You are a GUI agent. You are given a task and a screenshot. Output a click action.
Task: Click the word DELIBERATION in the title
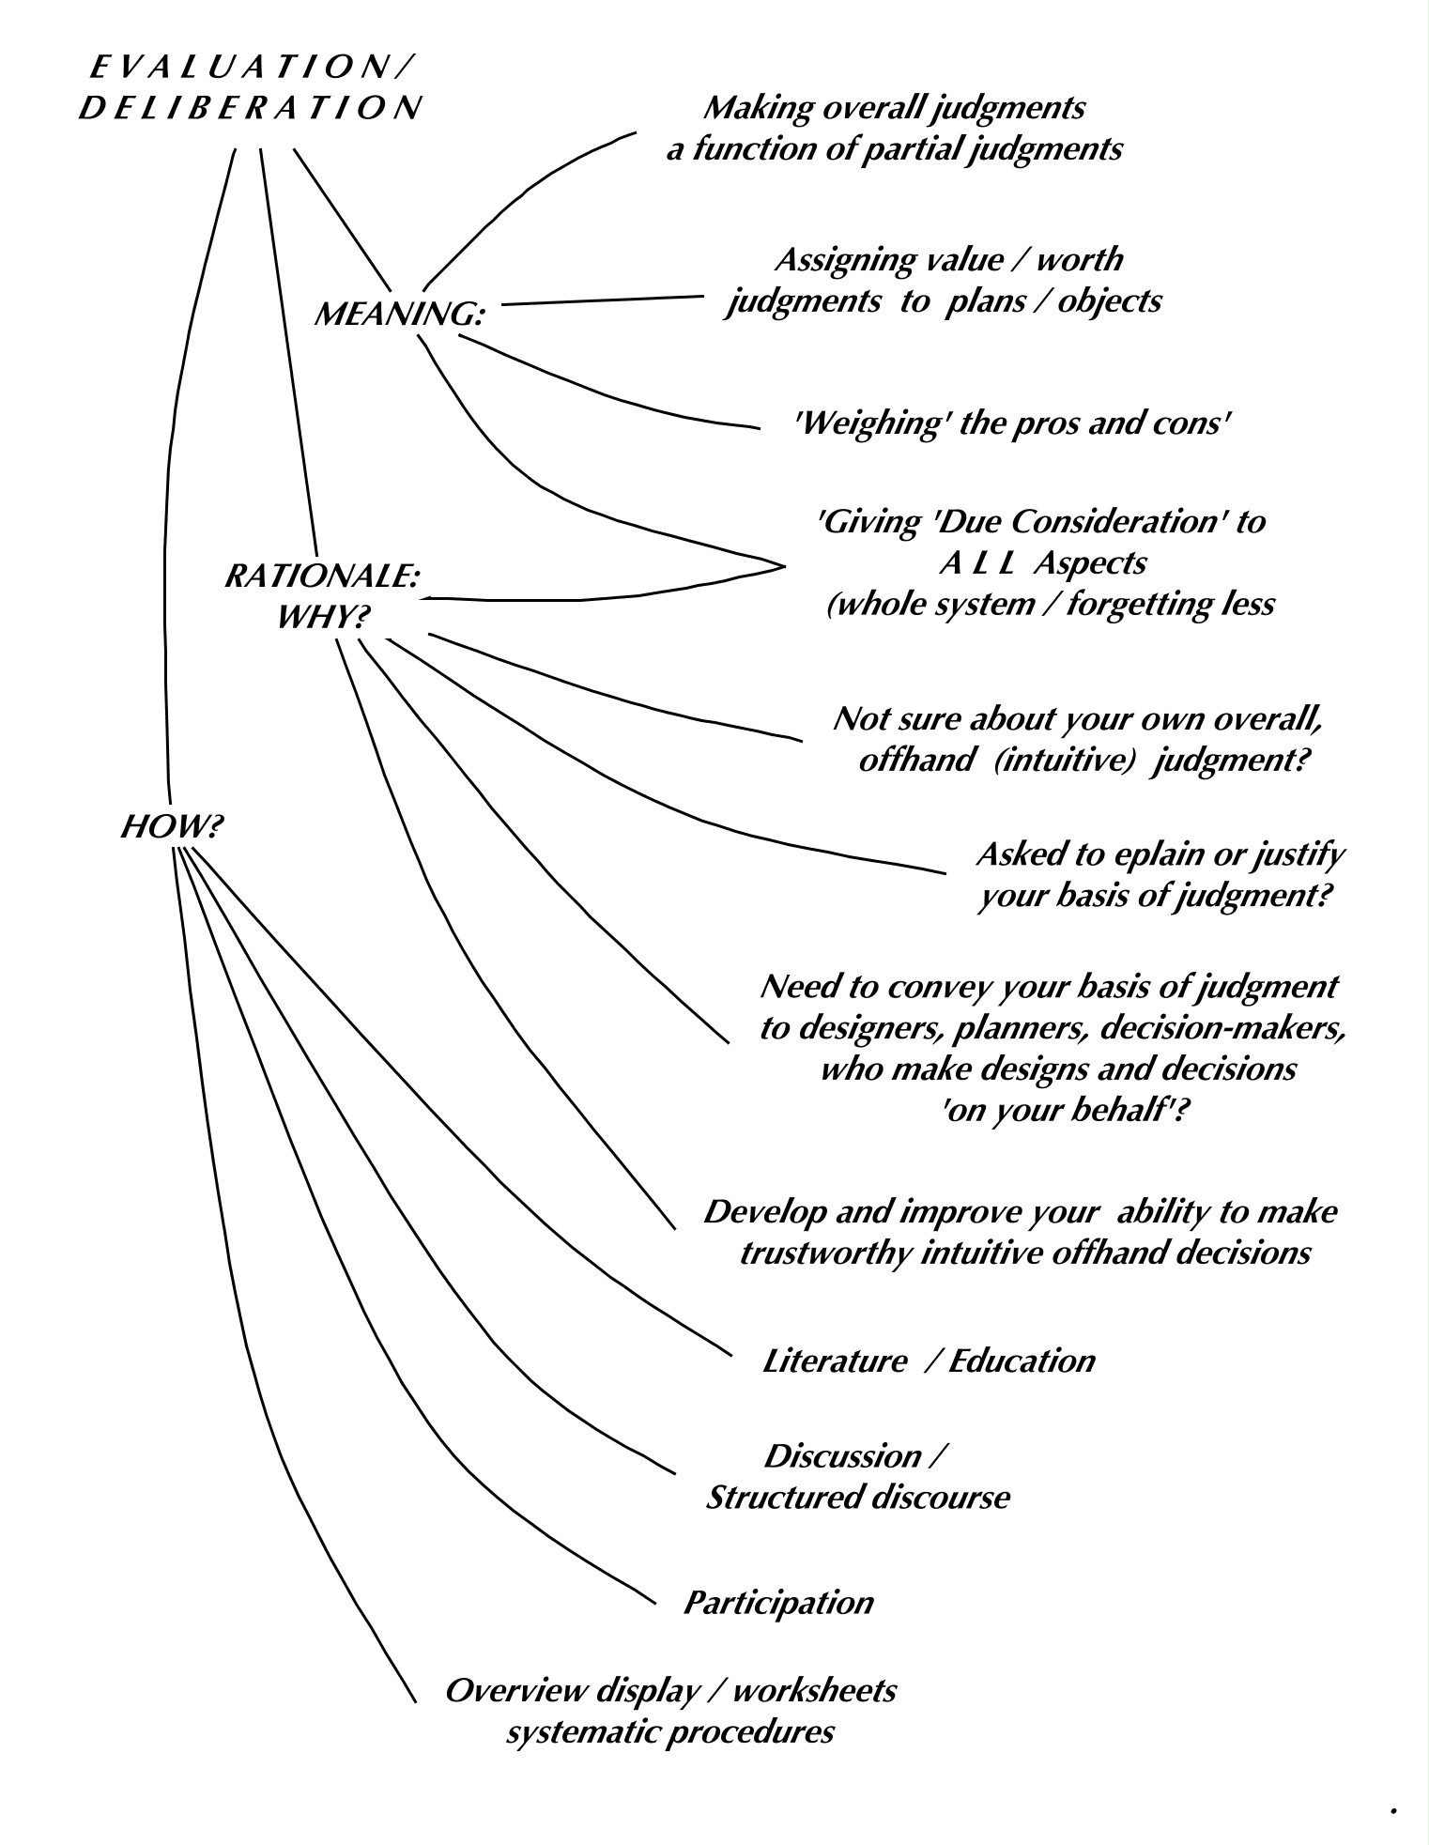[x=249, y=109]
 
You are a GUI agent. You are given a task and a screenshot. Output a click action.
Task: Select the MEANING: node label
[x=398, y=315]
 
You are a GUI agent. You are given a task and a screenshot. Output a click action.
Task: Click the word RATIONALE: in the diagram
[x=321, y=576]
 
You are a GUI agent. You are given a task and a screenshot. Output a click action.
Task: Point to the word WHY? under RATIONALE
[x=323, y=617]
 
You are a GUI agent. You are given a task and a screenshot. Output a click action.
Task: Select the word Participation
[x=777, y=1602]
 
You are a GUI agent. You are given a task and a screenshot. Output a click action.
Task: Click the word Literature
[x=834, y=1361]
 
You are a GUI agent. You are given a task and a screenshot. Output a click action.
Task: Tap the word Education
[x=1022, y=1361]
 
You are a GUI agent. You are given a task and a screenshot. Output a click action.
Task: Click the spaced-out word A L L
[x=971, y=562]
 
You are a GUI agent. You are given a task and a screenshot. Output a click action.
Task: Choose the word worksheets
[x=814, y=1690]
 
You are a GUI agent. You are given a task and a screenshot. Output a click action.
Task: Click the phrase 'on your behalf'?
[x=1058, y=1111]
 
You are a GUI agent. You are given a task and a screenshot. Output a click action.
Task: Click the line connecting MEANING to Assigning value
[x=601, y=300]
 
